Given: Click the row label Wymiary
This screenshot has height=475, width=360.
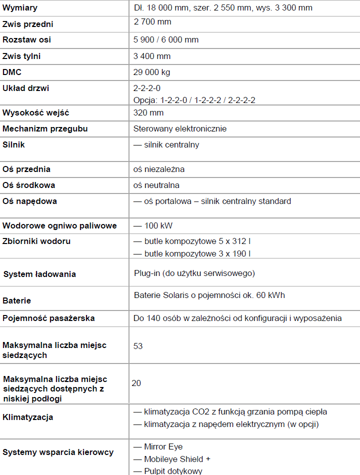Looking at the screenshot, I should pos(20,8).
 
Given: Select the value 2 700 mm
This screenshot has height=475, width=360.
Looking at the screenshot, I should pos(152,21).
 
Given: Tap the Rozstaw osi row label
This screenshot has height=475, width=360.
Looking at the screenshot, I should pos(26,39).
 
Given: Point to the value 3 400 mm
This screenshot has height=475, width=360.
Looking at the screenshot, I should pos(152,56).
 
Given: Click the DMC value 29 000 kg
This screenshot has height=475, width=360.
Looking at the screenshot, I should pos(151,72).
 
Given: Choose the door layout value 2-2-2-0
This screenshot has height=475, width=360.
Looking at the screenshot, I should pos(147,88).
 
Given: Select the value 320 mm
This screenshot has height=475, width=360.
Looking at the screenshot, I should pos(148,112).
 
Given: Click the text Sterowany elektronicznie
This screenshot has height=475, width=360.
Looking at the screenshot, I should pos(180,128).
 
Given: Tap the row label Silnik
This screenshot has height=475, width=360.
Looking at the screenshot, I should pos(13,144).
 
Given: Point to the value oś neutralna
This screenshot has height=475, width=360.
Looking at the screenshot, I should pos(156,185).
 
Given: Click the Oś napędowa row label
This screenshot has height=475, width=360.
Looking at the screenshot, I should pos(29,201).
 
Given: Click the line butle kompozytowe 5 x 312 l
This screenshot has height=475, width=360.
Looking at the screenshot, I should pos(197,241).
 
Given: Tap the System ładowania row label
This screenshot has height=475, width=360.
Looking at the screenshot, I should pos(39,274).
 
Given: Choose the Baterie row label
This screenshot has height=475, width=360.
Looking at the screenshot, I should pos(16,300).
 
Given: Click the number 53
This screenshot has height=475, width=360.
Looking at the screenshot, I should pos(138,346).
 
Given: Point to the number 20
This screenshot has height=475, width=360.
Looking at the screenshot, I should pos(136,383).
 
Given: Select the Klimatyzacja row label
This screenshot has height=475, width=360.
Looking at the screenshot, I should pos(28,417).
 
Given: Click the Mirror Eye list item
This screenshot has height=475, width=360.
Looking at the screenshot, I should pos(163,446).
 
